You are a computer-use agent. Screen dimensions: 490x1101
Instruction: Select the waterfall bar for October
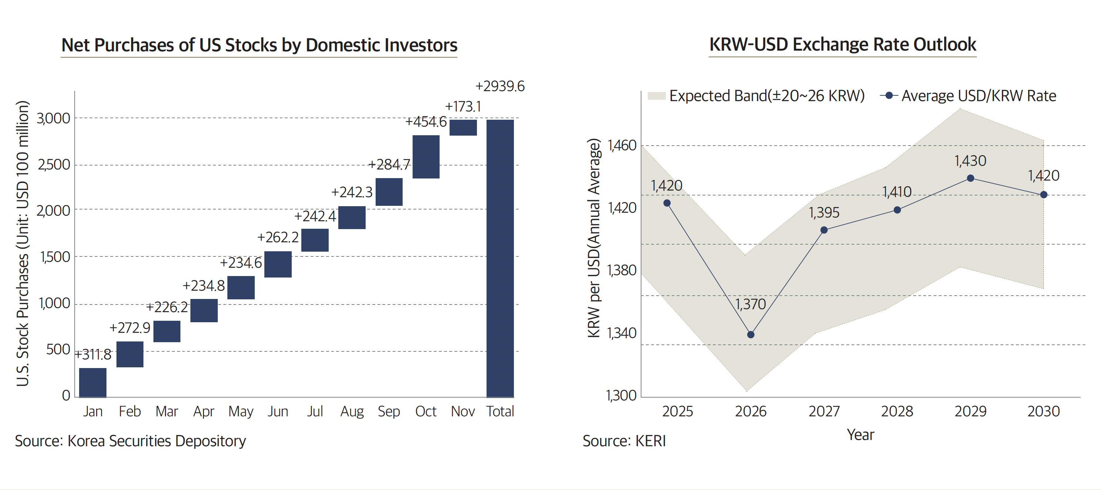click(x=426, y=157)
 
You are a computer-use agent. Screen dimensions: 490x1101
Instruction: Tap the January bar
click(x=93, y=382)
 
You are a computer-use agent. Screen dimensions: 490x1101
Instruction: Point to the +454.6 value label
click(x=426, y=122)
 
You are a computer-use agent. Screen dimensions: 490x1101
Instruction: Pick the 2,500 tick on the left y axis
click(x=54, y=165)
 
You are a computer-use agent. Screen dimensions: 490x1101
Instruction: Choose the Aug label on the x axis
click(x=352, y=411)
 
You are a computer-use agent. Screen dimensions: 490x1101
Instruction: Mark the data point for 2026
click(x=751, y=334)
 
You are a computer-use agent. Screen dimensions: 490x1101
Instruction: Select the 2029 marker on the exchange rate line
click(x=970, y=178)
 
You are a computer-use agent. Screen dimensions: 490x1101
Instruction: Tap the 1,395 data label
click(x=824, y=212)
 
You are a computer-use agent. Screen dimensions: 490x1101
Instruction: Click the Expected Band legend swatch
click(x=657, y=96)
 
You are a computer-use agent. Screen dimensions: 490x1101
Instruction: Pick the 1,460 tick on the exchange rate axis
click(x=622, y=146)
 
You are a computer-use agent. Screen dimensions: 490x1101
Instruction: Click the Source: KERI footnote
click(x=624, y=441)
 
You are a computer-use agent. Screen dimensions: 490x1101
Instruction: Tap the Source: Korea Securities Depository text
click(x=131, y=441)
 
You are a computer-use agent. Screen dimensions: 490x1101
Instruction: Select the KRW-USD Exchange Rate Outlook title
click(x=843, y=45)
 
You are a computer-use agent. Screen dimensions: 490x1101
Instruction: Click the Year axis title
click(x=860, y=435)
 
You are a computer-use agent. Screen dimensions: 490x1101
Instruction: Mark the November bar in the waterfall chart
click(x=463, y=128)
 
